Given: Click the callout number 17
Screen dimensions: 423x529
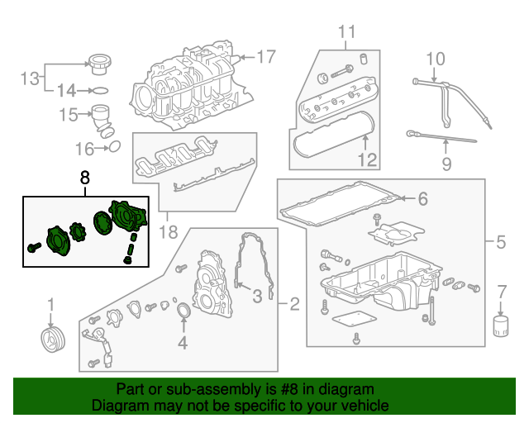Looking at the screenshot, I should (x=264, y=58).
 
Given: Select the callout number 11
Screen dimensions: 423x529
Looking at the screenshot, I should (x=346, y=33).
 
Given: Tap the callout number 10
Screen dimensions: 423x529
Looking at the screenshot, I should (x=435, y=59).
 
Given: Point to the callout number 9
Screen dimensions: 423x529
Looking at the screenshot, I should (x=446, y=164).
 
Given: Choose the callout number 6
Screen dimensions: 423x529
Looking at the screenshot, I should (x=422, y=199).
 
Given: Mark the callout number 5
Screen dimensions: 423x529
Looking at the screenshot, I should (x=500, y=244).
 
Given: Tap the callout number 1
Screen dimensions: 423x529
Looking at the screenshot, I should (x=50, y=305).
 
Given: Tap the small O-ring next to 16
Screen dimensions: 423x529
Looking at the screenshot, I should (x=115, y=147).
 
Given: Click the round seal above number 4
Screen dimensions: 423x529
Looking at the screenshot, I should (x=183, y=311).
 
